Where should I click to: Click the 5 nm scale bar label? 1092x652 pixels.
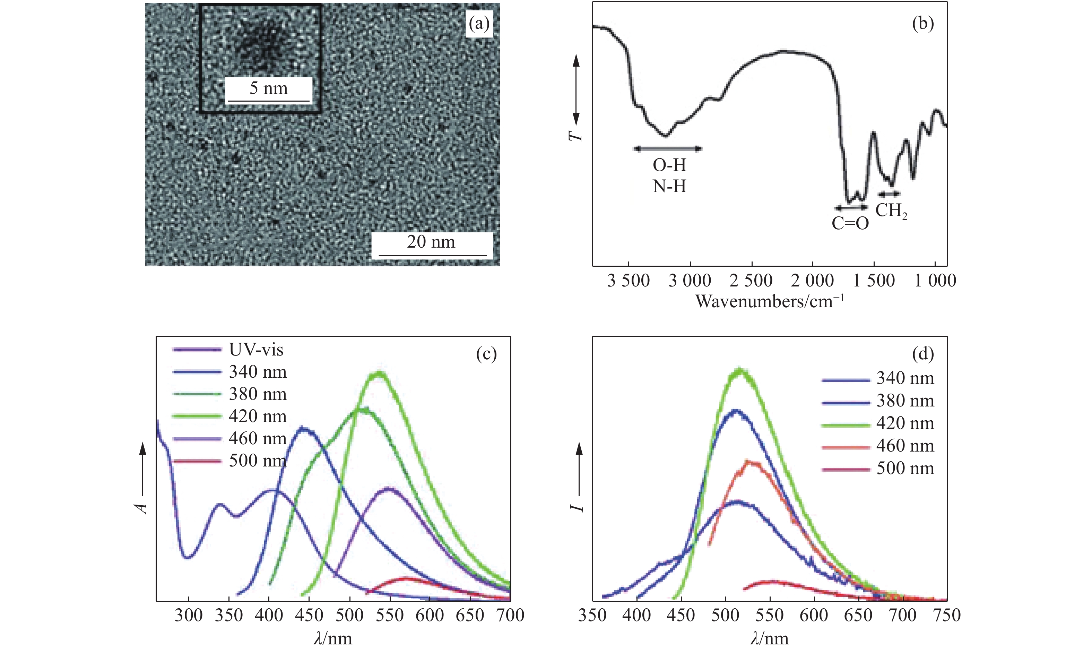pyautogui.click(x=268, y=88)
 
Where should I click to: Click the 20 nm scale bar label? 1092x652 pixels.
pyautogui.click(x=431, y=242)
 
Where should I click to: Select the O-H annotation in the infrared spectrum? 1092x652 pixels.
pyautogui.click(x=669, y=165)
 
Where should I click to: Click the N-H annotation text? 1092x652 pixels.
pyautogui.click(x=669, y=187)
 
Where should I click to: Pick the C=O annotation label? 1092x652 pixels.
pyautogui.click(x=850, y=224)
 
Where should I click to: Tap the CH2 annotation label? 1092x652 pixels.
pyautogui.click(x=891, y=211)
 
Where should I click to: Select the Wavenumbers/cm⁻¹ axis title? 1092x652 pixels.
pyautogui.click(x=769, y=302)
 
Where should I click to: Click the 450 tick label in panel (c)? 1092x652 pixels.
pyautogui.click(x=309, y=615)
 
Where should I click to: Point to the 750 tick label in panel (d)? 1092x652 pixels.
pyautogui.click(x=947, y=615)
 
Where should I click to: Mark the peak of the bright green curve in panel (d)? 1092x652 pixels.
pyautogui.click(x=740, y=370)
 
